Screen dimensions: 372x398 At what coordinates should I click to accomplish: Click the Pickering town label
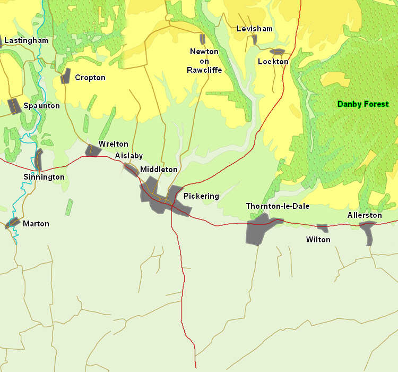click(201, 196)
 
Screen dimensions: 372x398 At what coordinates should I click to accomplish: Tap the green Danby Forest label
click(363, 104)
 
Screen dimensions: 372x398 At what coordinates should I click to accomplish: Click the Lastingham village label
click(26, 40)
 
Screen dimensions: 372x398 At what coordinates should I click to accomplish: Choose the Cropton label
click(90, 78)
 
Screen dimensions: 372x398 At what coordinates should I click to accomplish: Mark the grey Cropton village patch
click(66, 76)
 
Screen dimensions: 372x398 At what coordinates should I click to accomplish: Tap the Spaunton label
click(41, 106)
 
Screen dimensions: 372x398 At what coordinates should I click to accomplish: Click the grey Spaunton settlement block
click(14, 106)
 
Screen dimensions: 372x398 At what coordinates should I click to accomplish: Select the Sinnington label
click(44, 177)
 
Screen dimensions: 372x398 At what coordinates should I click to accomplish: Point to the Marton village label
click(36, 224)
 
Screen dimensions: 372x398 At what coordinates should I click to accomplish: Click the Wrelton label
click(114, 144)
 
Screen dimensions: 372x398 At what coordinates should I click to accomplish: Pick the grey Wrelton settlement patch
click(92, 150)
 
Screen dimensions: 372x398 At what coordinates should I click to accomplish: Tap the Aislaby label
click(129, 156)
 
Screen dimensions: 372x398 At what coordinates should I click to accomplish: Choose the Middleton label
click(159, 170)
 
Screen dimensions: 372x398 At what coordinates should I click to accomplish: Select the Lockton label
click(273, 62)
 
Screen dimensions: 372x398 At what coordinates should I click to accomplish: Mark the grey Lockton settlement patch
click(278, 52)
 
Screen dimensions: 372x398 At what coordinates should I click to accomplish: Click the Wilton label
click(318, 240)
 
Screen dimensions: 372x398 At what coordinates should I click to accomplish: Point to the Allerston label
click(365, 215)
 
